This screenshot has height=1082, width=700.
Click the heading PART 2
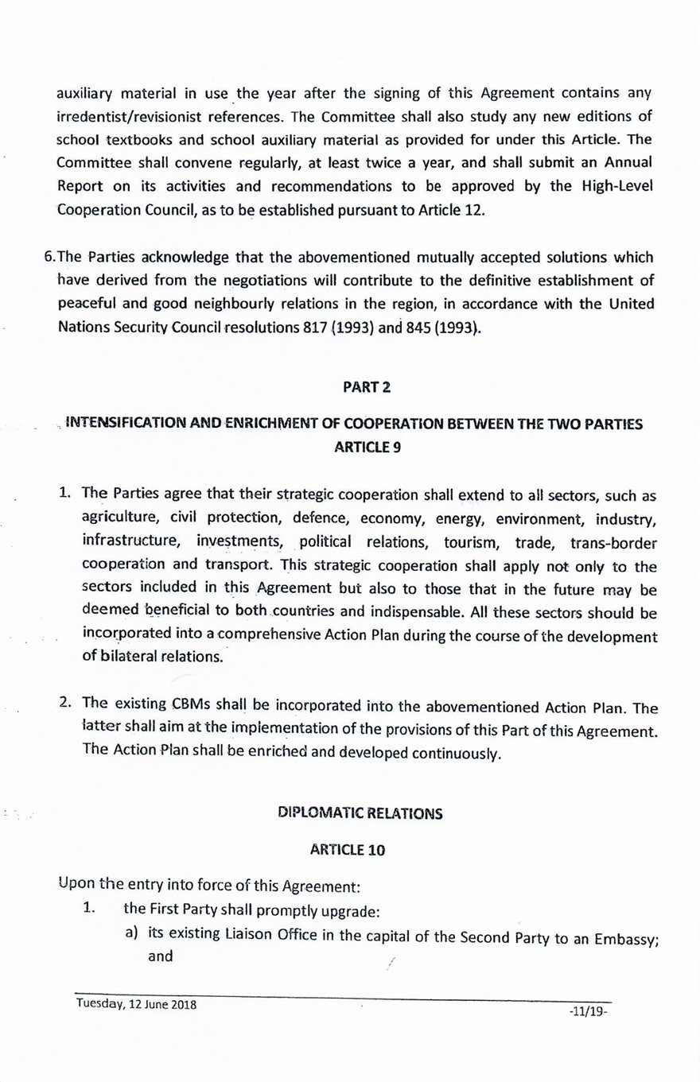(367, 387)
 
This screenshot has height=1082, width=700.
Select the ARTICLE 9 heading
(367, 447)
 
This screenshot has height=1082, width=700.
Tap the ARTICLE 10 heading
(348, 850)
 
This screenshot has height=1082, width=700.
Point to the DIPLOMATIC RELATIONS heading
(360, 813)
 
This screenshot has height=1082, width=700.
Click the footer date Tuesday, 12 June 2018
(136, 1003)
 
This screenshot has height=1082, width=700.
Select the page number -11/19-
(589, 1012)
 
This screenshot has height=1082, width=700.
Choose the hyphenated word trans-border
(613, 543)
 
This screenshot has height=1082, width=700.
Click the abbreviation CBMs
(191, 704)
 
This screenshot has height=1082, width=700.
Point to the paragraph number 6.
(50, 257)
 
